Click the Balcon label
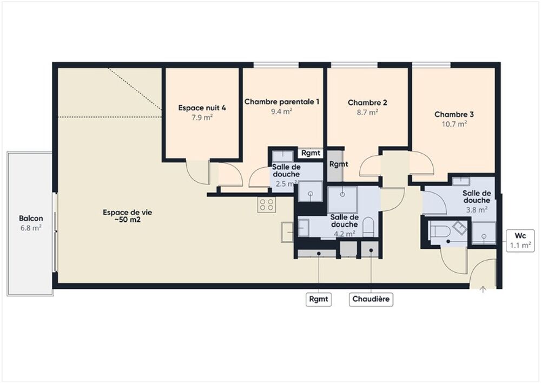click(x=31, y=219)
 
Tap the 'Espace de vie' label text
click(x=127, y=213)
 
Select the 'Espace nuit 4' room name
click(x=202, y=108)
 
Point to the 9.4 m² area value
click(x=281, y=111)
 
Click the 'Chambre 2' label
click(x=367, y=103)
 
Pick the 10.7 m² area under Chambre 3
click(x=454, y=123)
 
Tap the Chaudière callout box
click(x=371, y=299)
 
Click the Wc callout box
click(x=520, y=241)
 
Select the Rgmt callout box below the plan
click(x=319, y=299)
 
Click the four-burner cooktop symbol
click(x=266, y=204)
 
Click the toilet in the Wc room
click(x=439, y=232)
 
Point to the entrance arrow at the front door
click(x=483, y=289)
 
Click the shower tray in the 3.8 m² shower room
click(x=484, y=233)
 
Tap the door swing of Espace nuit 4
click(x=198, y=172)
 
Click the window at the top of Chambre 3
click(x=431, y=65)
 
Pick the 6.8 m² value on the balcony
click(x=31, y=228)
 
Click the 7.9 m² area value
click(x=202, y=117)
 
